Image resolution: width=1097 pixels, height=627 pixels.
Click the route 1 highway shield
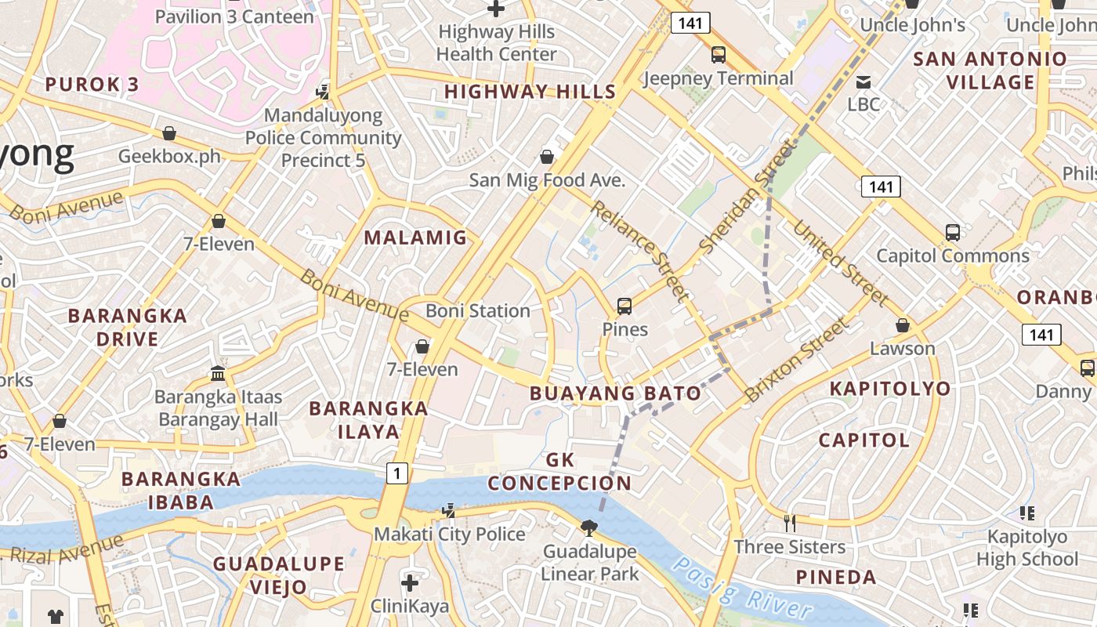[398, 473]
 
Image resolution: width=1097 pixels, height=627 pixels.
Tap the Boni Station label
[478, 310]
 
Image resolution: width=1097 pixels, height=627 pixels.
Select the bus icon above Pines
[625, 306]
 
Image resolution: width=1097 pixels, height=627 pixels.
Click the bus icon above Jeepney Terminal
[718, 54]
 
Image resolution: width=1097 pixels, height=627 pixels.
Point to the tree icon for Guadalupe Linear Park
[589, 528]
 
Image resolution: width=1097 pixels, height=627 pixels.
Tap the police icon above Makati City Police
[448, 511]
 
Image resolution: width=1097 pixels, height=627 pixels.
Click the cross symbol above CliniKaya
[410, 583]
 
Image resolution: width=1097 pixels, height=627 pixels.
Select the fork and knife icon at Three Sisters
[790, 523]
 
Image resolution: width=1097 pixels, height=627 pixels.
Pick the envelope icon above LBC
[863, 82]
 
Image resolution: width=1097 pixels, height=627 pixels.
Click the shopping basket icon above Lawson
[903, 324]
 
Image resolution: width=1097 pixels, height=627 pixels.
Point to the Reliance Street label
[641, 251]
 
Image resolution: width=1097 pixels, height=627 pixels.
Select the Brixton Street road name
[797, 359]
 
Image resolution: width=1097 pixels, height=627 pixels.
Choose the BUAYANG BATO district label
[615, 393]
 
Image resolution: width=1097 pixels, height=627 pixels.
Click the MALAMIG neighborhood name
[415, 237]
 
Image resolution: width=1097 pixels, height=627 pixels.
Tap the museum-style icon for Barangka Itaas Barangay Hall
[217, 373]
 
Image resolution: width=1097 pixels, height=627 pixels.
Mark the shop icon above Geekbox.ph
[169, 133]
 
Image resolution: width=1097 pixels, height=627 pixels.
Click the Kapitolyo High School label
[1026, 548]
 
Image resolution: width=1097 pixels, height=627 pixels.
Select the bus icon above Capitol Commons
[952, 233]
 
